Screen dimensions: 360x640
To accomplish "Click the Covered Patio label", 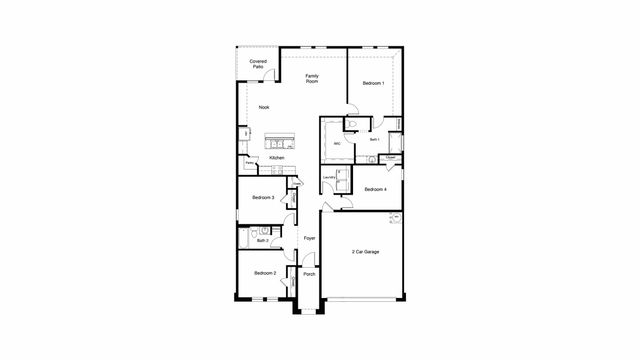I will click(259, 64).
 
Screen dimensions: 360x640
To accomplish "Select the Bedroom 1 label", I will click(374, 83).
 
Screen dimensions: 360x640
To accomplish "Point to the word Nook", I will click(264, 107).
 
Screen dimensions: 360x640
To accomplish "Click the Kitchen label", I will click(277, 158).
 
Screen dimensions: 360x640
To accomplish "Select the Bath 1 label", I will click(374, 140).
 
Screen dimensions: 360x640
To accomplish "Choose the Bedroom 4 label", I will click(376, 189).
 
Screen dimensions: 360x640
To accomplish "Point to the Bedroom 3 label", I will click(264, 198).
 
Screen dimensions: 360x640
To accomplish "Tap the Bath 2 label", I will click(262, 240).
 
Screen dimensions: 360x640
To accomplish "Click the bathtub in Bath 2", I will click(245, 235).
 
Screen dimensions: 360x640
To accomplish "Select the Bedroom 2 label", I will click(264, 273).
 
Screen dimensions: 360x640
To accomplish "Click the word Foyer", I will click(310, 238).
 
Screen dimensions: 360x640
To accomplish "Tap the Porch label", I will click(310, 274).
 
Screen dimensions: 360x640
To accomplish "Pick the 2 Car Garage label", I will click(365, 252).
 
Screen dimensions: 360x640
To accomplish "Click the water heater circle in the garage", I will click(395, 217).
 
